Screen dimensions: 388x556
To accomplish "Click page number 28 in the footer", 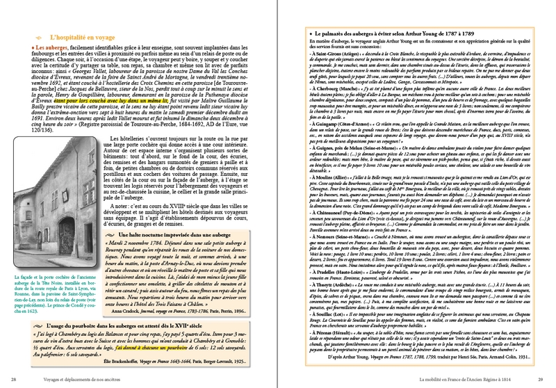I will coord(15,378).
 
